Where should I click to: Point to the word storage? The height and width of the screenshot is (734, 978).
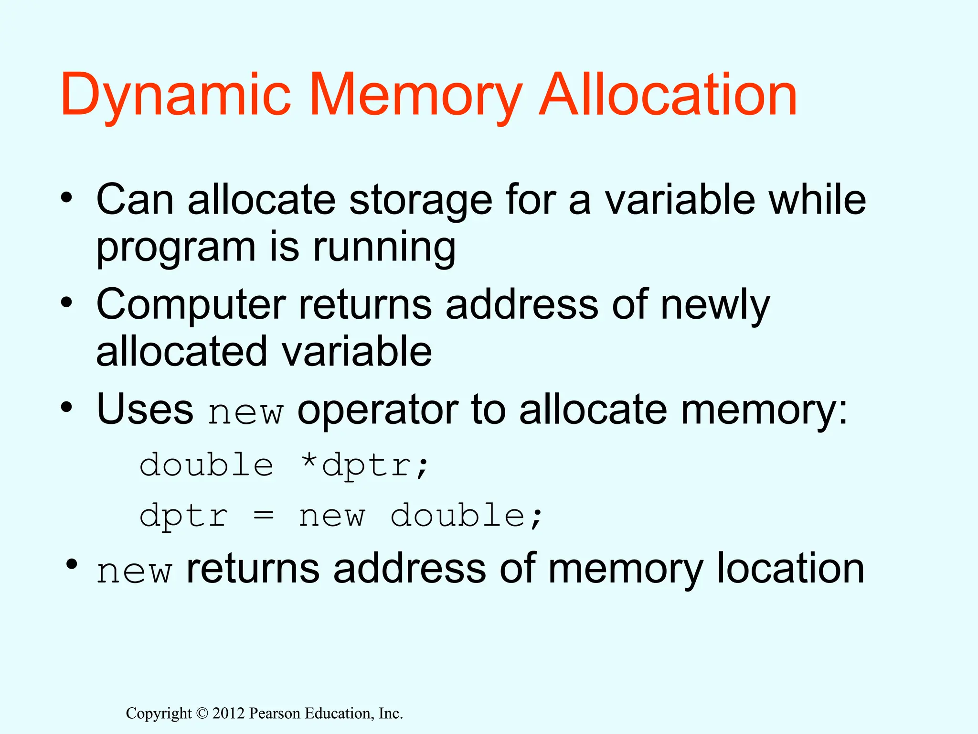(x=420, y=201)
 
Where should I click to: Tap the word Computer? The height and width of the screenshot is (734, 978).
(x=191, y=306)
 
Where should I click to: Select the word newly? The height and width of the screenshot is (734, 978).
(x=715, y=306)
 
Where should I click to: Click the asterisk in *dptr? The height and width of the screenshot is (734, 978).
(x=309, y=462)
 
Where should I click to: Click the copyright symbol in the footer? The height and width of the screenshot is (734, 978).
(x=202, y=713)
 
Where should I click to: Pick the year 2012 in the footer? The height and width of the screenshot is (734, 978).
(x=228, y=713)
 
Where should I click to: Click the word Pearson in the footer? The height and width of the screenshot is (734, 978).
(x=275, y=713)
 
